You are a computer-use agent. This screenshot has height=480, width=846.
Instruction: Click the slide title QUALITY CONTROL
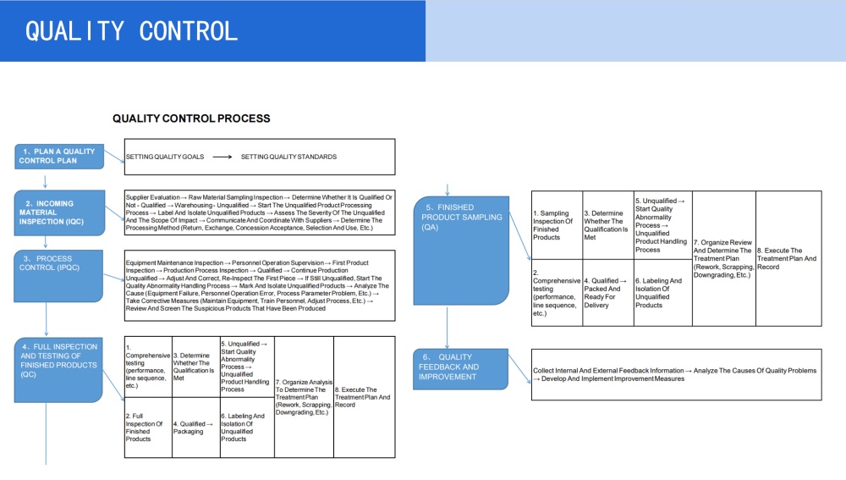point(131,31)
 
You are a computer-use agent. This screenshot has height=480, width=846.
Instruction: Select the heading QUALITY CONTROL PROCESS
point(191,119)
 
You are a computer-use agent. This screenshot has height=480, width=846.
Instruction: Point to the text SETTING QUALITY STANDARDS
point(288,157)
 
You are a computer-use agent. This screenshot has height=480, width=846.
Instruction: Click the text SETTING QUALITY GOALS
point(164,157)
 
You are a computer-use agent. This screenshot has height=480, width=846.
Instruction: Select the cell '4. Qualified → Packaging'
point(195,428)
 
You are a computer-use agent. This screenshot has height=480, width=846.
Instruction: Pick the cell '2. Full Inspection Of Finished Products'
point(148,428)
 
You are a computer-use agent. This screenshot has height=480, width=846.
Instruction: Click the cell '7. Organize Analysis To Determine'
point(305,398)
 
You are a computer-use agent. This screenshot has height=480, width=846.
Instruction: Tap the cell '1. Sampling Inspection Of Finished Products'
point(557,225)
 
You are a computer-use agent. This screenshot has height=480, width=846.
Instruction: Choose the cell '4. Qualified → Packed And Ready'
point(607,293)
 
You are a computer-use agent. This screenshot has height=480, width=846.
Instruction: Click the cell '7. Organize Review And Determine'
point(723,258)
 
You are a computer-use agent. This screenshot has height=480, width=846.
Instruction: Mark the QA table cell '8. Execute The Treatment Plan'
point(788,258)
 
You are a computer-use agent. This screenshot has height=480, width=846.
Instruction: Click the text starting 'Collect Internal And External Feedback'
point(675,374)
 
